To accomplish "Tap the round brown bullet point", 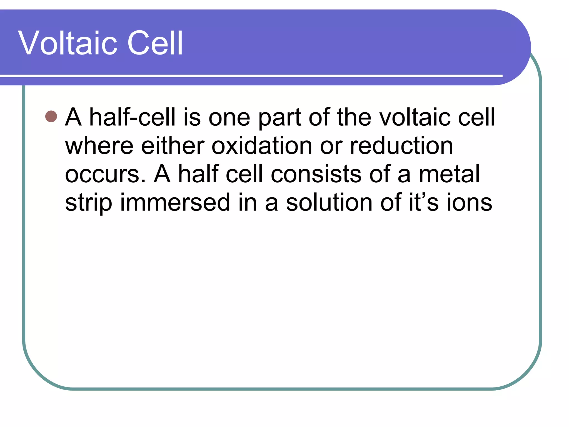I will coord(51,116).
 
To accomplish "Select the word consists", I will coord(316,174).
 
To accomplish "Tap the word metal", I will coord(449,174).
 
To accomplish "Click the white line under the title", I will coord(250,76).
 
